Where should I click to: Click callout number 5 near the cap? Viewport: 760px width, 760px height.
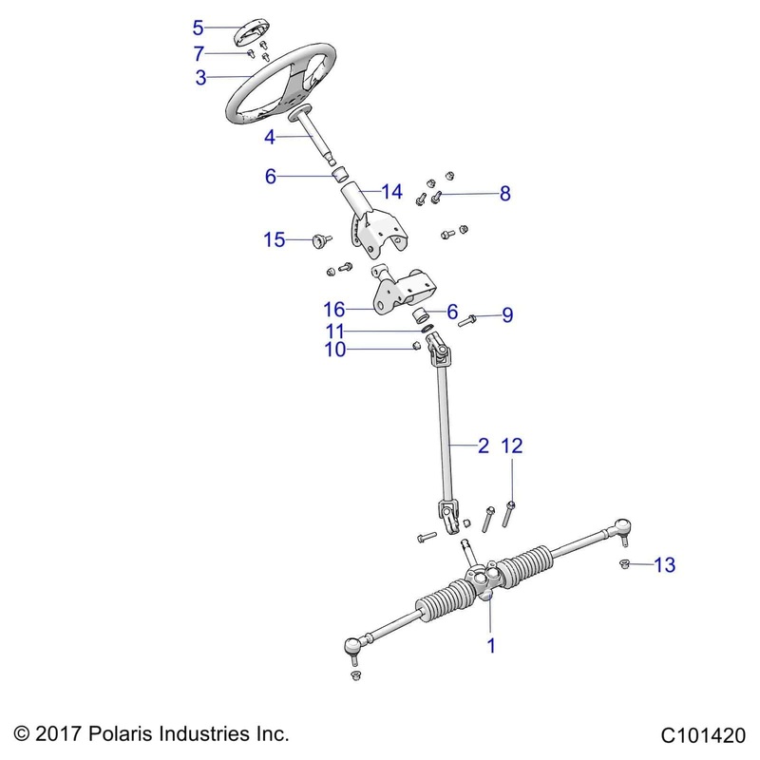click(x=198, y=27)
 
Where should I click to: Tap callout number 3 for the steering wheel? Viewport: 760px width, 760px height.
click(x=200, y=79)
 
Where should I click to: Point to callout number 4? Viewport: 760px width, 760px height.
click(x=270, y=138)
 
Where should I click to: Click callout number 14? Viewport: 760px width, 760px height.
click(x=366, y=192)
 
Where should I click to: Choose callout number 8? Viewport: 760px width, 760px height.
click(x=504, y=195)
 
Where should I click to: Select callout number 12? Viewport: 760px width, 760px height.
click(x=512, y=445)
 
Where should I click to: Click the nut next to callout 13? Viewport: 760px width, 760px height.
click(x=625, y=566)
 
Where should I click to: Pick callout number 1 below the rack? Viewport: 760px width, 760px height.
click(x=491, y=645)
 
